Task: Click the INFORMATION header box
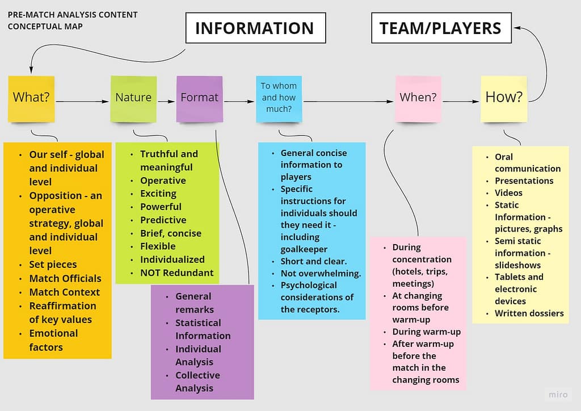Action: (255, 28)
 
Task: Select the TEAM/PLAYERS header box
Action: (440, 28)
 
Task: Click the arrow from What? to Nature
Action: (82, 102)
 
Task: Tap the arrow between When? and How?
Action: (461, 102)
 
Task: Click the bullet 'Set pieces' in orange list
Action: (53, 265)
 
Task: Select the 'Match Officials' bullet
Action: (65, 278)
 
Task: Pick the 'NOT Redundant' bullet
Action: (176, 272)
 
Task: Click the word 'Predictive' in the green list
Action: (163, 220)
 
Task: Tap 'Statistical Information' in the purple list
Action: (203, 329)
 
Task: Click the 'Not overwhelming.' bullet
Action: (321, 273)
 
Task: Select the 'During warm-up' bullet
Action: (426, 332)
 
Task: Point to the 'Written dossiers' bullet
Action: (529, 313)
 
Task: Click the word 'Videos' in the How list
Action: (508, 192)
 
